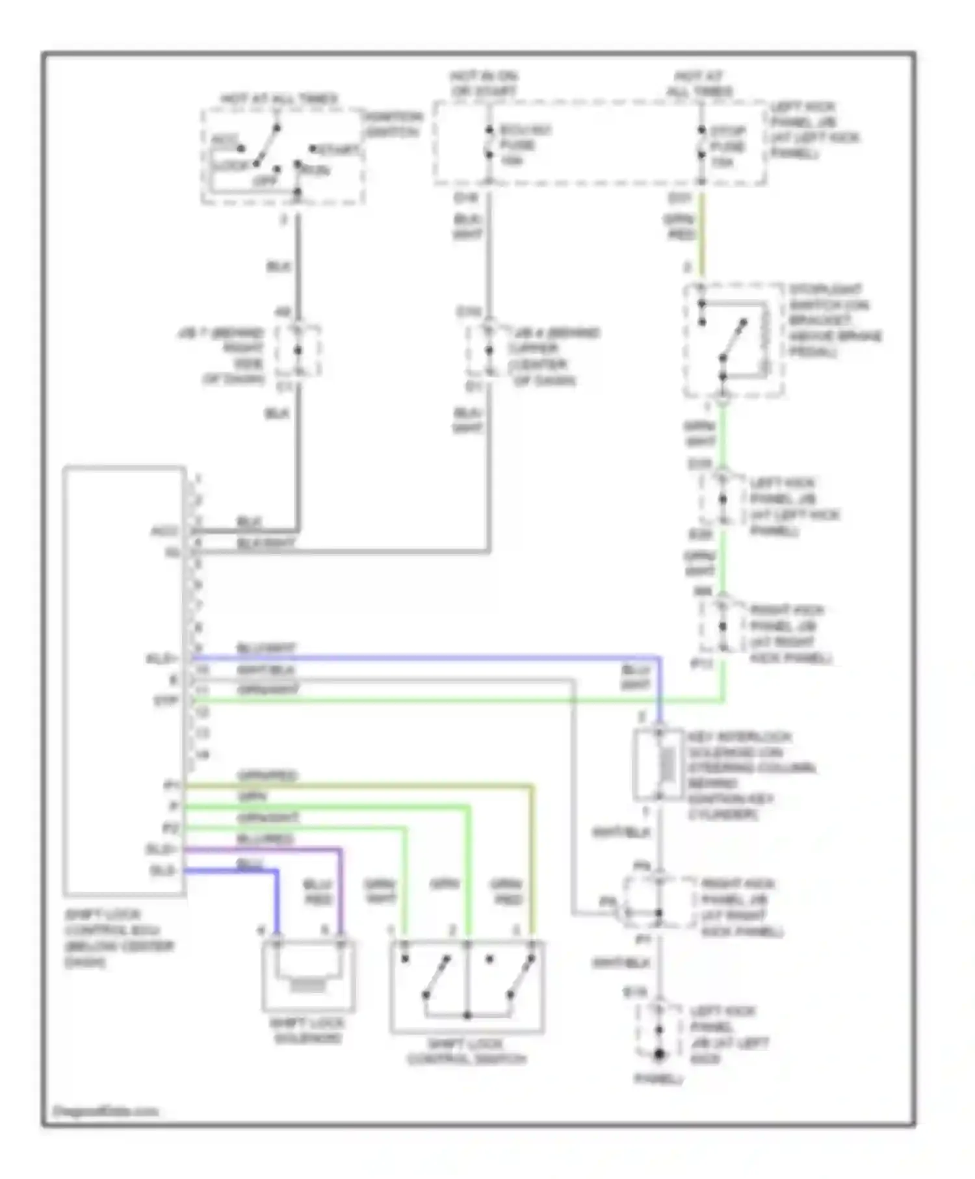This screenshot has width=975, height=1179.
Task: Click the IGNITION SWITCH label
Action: pyautogui.click(x=393, y=124)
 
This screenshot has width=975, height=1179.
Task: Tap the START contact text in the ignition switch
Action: pyautogui.click(x=336, y=150)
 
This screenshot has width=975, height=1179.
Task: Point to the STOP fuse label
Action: pyautogui.click(x=727, y=146)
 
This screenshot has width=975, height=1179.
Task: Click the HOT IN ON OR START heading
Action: pyautogui.click(x=484, y=84)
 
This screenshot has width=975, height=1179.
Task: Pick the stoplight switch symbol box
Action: pyautogui.click(x=733, y=341)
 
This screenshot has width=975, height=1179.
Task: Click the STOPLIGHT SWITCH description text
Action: pyautogui.click(x=835, y=320)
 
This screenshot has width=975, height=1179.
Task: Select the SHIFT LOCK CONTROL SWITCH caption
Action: pyautogui.click(x=467, y=1052)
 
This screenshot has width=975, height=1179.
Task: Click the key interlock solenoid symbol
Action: pyautogui.click(x=658, y=764)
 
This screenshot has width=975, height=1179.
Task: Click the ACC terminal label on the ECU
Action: pyautogui.click(x=164, y=531)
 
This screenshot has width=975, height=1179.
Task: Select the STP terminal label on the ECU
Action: pyautogui.click(x=165, y=701)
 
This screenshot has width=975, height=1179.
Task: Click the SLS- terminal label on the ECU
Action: pyautogui.click(x=162, y=870)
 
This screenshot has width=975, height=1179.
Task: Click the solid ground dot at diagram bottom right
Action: pyautogui.click(x=659, y=1054)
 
